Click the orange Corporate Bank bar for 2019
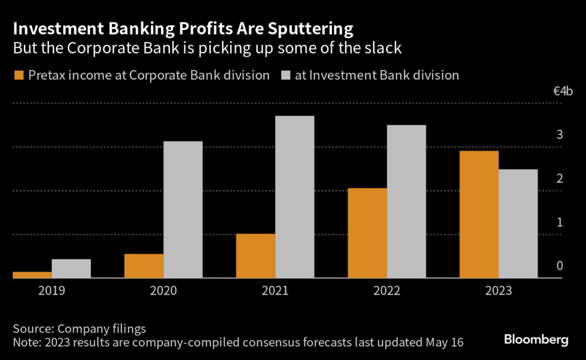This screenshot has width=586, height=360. tap(32, 275)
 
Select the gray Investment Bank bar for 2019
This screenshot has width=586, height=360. tap(71, 268)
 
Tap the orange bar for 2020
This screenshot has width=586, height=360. tap(144, 266)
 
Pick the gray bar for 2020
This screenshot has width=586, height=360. tap(183, 209)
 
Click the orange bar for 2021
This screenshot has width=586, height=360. tap(255, 256)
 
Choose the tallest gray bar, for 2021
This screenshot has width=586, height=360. tap(295, 197)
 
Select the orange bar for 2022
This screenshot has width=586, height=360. tap(367, 233)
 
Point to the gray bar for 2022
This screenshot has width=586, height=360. tap(406, 201)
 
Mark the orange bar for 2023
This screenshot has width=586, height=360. tap(479, 215)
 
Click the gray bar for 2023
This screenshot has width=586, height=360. tap(518, 224)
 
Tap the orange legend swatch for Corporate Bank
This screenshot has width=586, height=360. tap(18, 75)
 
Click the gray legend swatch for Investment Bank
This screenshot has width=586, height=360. tap(284, 75)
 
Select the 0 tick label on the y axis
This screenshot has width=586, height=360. tap(560, 266)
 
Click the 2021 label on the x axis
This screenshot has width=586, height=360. tap(275, 291)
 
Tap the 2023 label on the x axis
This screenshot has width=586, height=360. tap(498, 291)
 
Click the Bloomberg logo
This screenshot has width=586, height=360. tap(536, 339)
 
